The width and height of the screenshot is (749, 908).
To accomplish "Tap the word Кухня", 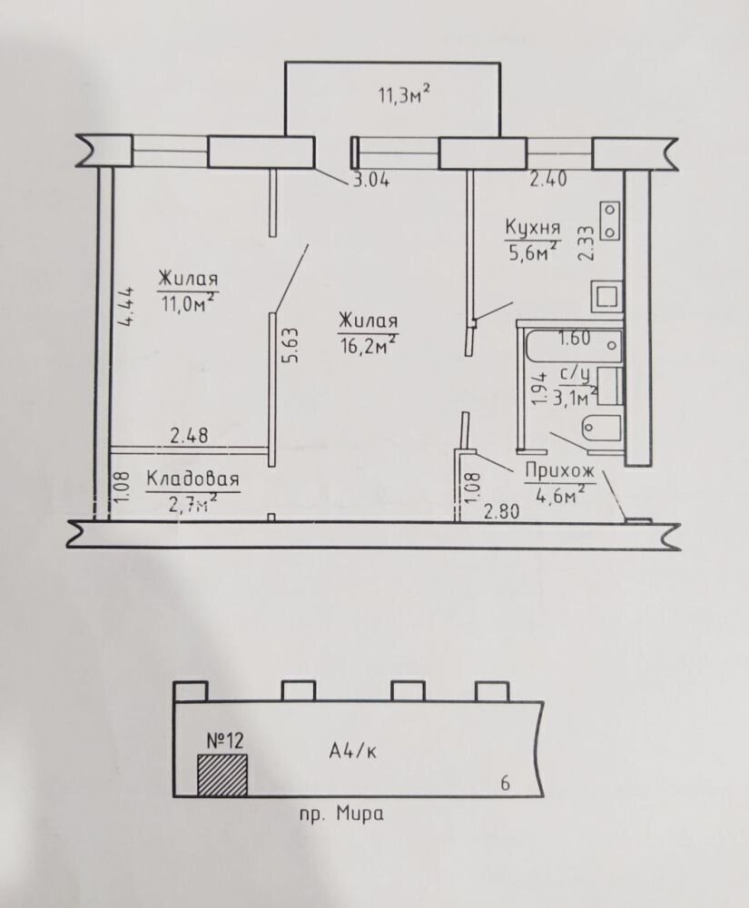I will point(532,228).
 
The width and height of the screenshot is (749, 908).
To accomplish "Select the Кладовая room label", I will point(192,479).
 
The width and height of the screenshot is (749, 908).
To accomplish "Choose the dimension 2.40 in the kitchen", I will point(548,179).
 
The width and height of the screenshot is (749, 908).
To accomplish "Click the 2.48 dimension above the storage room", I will point(188,435).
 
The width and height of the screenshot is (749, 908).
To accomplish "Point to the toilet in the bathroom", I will point(600,425).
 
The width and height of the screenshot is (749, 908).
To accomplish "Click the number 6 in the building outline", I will point(505,784).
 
